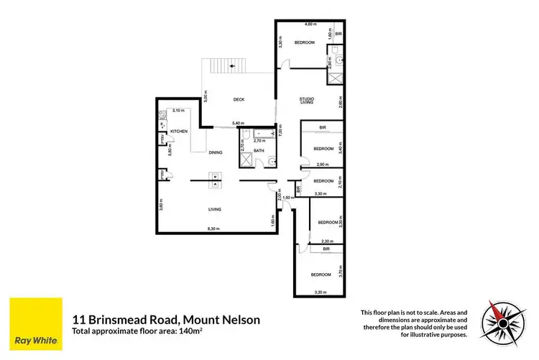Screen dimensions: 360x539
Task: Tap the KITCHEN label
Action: [x=178, y=131]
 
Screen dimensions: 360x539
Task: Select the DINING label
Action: [x=215, y=152]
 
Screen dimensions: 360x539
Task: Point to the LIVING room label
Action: [x=215, y=209]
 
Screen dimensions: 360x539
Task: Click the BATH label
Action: [x=259, y=151]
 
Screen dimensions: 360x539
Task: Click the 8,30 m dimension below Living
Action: [x=213, y=229]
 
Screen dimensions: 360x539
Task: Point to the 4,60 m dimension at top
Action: [x=310, y=25]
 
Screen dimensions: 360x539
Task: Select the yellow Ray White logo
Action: [x=35, y=323]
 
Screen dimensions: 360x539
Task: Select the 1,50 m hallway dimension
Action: [x=287, y=197]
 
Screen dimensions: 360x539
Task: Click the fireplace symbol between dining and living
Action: [x=214, y=180]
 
